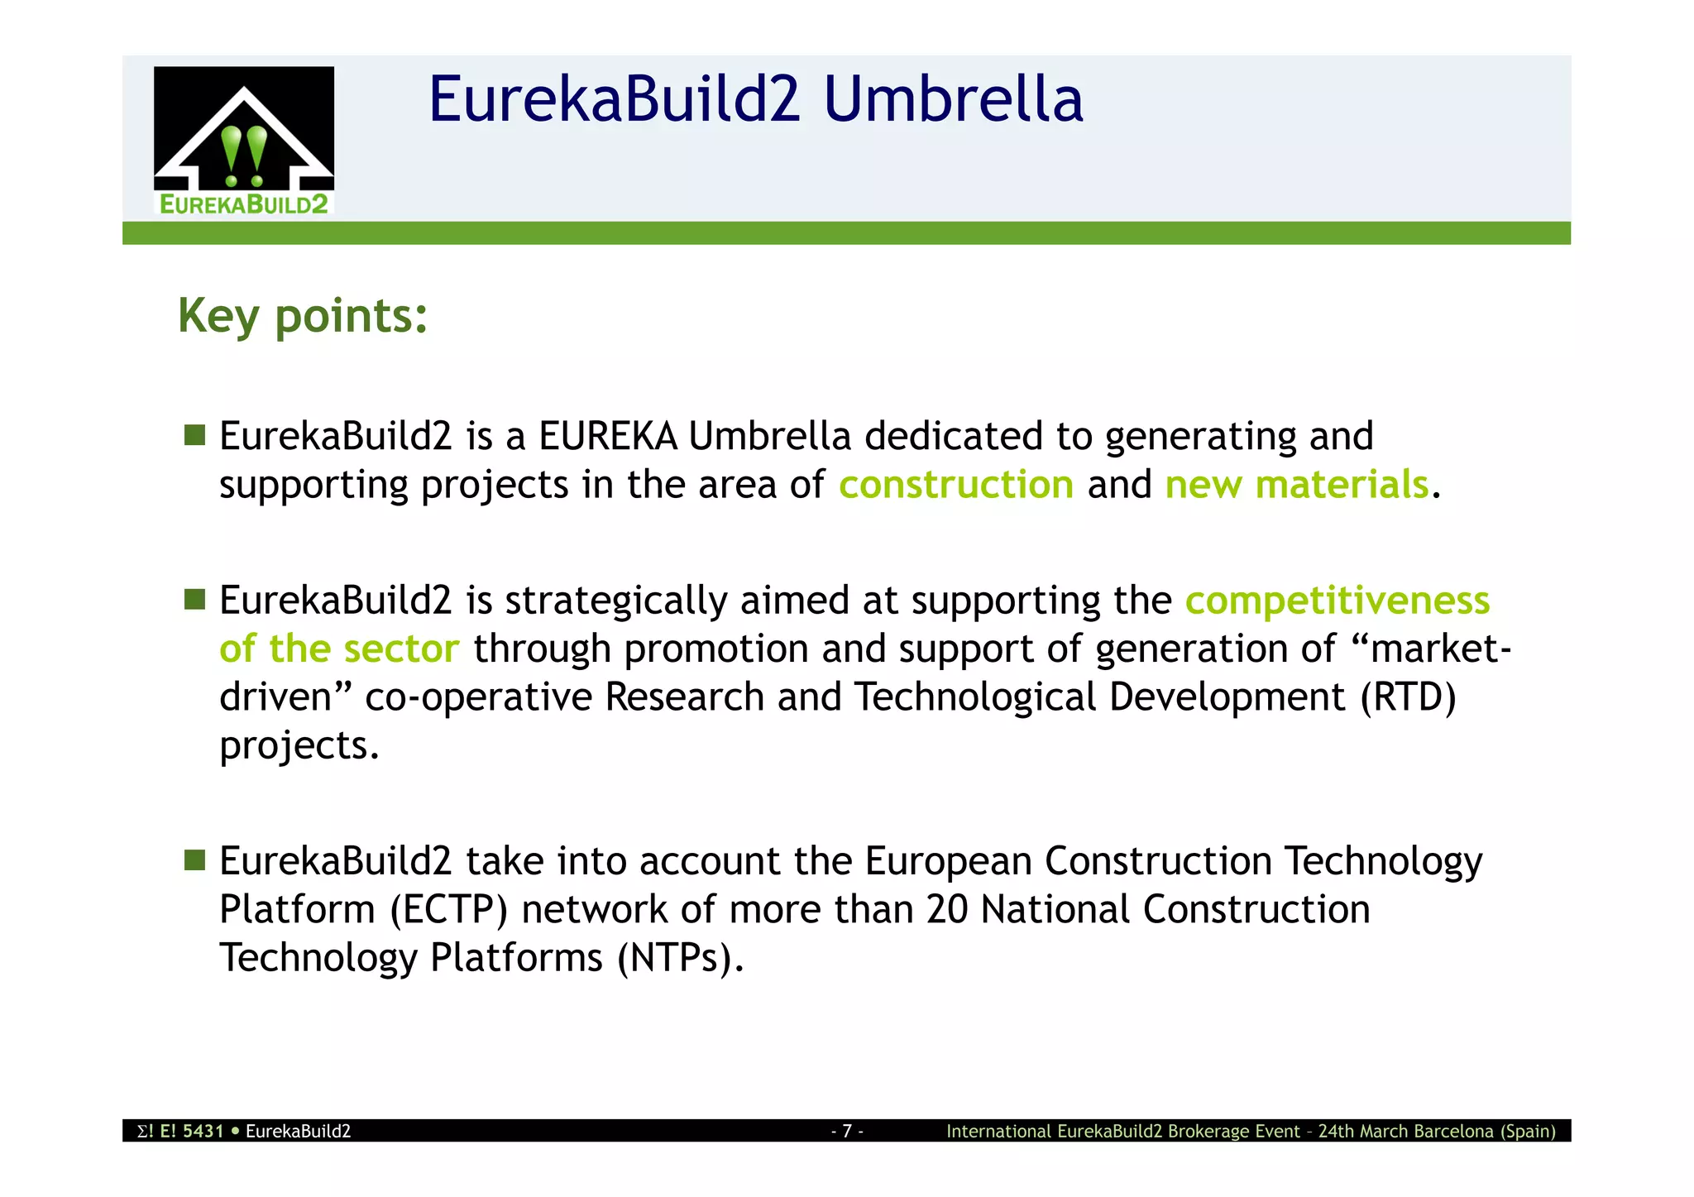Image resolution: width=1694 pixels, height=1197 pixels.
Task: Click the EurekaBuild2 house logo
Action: coord(244,141)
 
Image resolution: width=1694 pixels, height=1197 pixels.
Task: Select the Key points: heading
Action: coord(303,316)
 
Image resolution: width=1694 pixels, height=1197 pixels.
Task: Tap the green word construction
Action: coord(956,485)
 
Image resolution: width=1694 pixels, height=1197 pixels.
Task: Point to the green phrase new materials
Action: coord(1296,485)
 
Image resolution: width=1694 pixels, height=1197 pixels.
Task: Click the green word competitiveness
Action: coord(1337,601)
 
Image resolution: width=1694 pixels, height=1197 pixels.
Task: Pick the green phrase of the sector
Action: coord(339,649)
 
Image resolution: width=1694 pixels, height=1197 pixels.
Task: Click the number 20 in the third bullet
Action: coord(947,909)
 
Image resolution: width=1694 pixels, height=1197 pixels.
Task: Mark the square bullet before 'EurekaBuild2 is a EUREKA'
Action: coord(195,435)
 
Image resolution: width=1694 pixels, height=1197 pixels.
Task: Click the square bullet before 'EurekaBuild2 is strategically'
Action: coord(195,600)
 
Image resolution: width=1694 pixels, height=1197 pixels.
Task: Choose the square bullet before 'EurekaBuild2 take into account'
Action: coord(195,860)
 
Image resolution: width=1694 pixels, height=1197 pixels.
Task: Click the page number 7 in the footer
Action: coord(847,1131)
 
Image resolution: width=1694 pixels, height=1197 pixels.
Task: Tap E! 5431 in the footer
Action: coord(191,1131)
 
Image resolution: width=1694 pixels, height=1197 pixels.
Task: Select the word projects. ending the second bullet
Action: coord(299,745)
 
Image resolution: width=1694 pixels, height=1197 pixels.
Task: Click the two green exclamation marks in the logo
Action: coord(244,156)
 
